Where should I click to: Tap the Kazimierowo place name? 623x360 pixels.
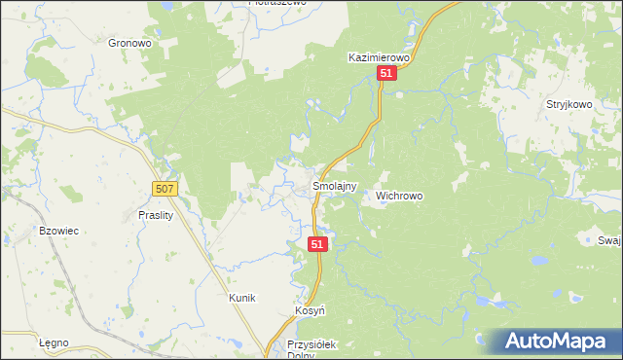[x=382, y=58]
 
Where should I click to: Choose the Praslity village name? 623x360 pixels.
[x=155, y=216]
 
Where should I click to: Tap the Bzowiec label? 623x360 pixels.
[x=57, y=231]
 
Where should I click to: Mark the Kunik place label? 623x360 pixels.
[x=241, y=298]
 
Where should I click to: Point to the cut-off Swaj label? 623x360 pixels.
[x=610, y=240]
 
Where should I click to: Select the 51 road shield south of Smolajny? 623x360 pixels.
[x=318, y=244]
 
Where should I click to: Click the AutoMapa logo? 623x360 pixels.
[x=552, y=341]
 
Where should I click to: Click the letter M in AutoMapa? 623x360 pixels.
[x=564, y=341]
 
